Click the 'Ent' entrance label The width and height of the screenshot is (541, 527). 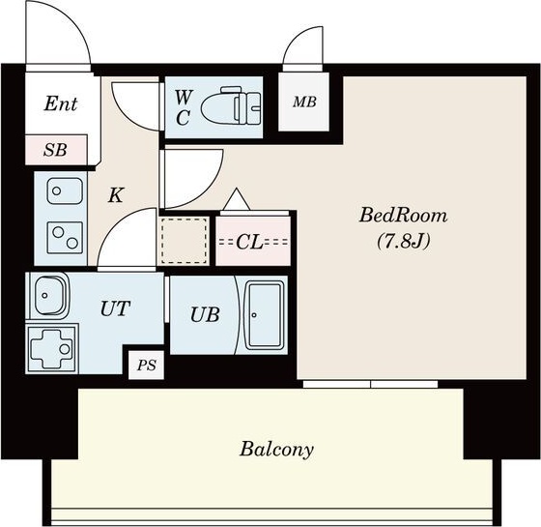point(61,103)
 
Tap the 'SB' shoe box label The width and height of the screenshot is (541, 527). point(55,150)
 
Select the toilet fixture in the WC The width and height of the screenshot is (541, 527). point(232,106)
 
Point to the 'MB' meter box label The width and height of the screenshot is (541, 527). point(304,102)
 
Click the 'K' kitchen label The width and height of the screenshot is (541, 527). point(116,195)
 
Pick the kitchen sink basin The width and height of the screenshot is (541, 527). point(65,191)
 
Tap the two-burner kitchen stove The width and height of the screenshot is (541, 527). point(65,238)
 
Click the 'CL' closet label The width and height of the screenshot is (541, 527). point(250,242)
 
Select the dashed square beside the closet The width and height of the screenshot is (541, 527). point(185,241)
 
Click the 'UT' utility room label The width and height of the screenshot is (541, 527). point(115,308)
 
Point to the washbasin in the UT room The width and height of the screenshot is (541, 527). point(49,296)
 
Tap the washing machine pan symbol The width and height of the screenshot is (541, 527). point(52,348)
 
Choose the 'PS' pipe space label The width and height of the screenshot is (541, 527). point(147,366)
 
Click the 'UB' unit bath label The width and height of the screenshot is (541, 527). point(205,314)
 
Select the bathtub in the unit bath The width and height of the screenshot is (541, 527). point(264,314)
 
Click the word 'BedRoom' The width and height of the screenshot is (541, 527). point(404,215)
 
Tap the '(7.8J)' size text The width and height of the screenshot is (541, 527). point(404,241)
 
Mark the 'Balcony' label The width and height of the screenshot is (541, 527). point(276,450)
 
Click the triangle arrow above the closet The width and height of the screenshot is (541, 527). point(237,199)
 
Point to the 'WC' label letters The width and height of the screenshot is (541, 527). point(183,107)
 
